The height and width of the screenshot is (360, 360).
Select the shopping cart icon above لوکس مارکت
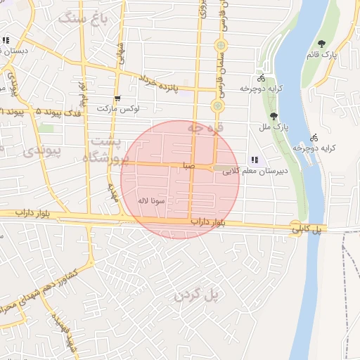[117, 98]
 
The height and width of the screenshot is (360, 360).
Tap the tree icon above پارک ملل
[274, 116]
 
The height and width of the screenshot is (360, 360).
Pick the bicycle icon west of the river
[262, 78]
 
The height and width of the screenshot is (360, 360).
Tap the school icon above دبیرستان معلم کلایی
[255, 160]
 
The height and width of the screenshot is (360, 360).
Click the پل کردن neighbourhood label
[198, 295]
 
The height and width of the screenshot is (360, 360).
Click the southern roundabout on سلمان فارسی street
[217, 106]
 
